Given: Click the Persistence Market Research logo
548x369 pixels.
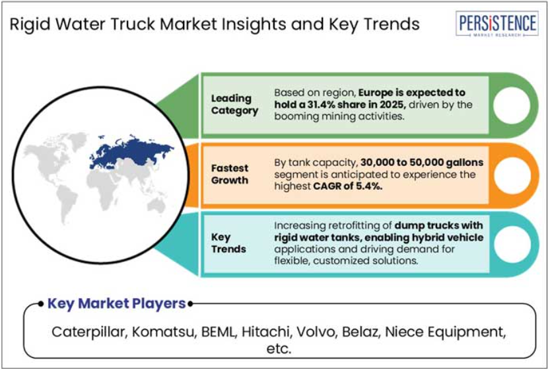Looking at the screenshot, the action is click(497, 23).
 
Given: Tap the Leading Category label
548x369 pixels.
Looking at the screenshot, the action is click(234, 104).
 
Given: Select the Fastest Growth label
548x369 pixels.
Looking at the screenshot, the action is click(230, 174).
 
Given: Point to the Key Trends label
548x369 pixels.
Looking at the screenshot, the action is click(228, 243).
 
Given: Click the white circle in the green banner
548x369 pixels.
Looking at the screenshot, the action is click(511, 105).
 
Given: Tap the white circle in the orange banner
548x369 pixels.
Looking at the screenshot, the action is click(512, 175).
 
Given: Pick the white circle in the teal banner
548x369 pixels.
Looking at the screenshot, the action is click(512, 245).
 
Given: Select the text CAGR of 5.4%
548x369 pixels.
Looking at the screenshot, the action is click(347, 186).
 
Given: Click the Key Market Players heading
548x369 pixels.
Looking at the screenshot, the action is click(116, 303).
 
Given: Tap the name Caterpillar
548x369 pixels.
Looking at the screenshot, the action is click(88, 331).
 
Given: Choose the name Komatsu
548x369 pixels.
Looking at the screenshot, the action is click(162, 331).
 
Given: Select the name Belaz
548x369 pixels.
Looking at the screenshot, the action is click(360, 331).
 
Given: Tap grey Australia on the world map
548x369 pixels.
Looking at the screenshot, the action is click(156, 206).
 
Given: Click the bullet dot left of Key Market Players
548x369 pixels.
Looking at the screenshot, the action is click(41, 304).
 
